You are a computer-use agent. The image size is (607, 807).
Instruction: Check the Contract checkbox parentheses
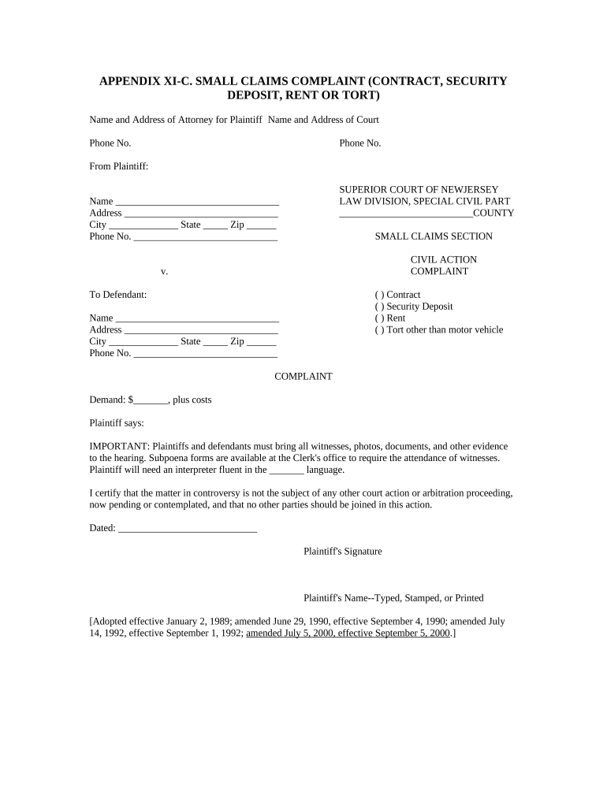coord(379,295)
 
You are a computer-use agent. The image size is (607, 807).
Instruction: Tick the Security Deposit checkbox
coord(379,307)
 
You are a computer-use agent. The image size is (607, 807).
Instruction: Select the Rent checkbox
coord(379,318)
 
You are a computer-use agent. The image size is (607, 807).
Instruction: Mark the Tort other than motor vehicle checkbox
coord(379,330)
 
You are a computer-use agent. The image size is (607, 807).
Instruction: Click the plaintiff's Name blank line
coord(197,202)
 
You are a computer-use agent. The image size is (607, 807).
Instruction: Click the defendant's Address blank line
coord(201,330)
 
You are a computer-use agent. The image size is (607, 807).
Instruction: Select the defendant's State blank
coord(215,342)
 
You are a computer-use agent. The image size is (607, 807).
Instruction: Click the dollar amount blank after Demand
coord(151,400)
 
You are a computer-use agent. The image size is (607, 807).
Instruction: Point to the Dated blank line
coord(188,529)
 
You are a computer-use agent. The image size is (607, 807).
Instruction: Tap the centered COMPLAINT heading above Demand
coord(303,377)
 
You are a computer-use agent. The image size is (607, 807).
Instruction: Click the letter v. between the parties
coord(164,272)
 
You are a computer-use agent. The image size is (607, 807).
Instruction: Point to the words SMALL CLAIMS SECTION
coord(433,236)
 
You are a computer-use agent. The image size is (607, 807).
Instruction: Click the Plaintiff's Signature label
coord(342,552)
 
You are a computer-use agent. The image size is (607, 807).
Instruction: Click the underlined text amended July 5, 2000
coord(289,633)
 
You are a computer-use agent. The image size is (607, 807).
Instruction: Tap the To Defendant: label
coord(117,295)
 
